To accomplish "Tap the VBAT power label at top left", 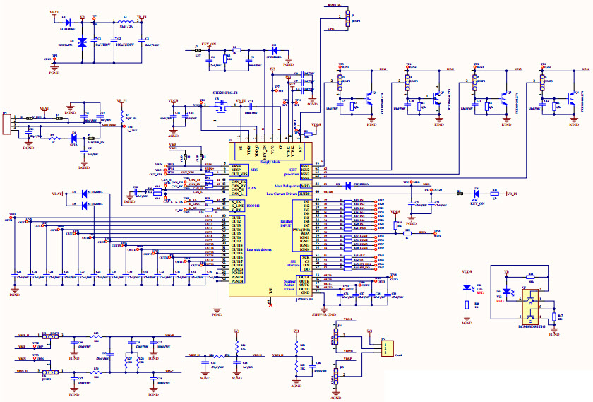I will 55,13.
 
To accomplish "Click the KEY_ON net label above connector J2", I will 209,44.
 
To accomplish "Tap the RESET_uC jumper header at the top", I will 347,19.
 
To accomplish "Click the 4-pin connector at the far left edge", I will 7,125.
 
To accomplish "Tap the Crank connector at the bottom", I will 387,348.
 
